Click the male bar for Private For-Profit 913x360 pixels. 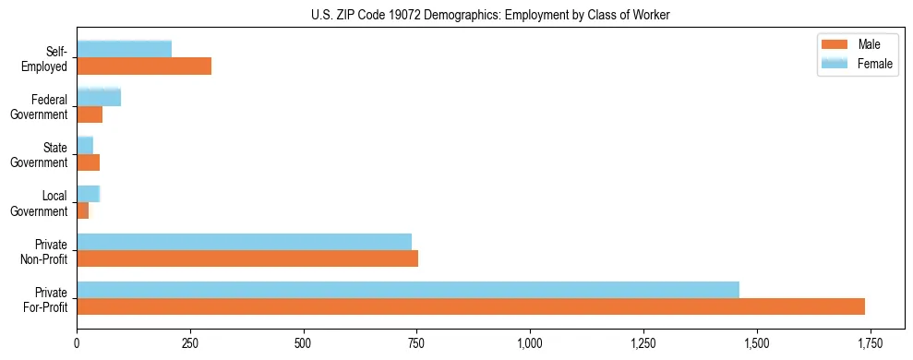471,306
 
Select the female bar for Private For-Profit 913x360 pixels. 408,289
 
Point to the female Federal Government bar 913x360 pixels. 99,97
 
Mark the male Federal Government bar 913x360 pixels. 90,114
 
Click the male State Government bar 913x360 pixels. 89,162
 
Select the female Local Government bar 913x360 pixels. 88,193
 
